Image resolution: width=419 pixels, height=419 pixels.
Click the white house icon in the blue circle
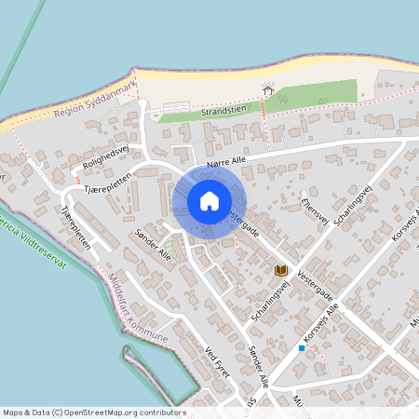209,201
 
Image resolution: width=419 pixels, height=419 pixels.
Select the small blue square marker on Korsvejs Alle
302,348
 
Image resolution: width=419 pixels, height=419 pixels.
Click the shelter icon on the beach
269,90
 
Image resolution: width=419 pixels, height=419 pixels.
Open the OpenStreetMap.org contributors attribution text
121,412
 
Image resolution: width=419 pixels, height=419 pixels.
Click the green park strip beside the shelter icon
317,95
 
